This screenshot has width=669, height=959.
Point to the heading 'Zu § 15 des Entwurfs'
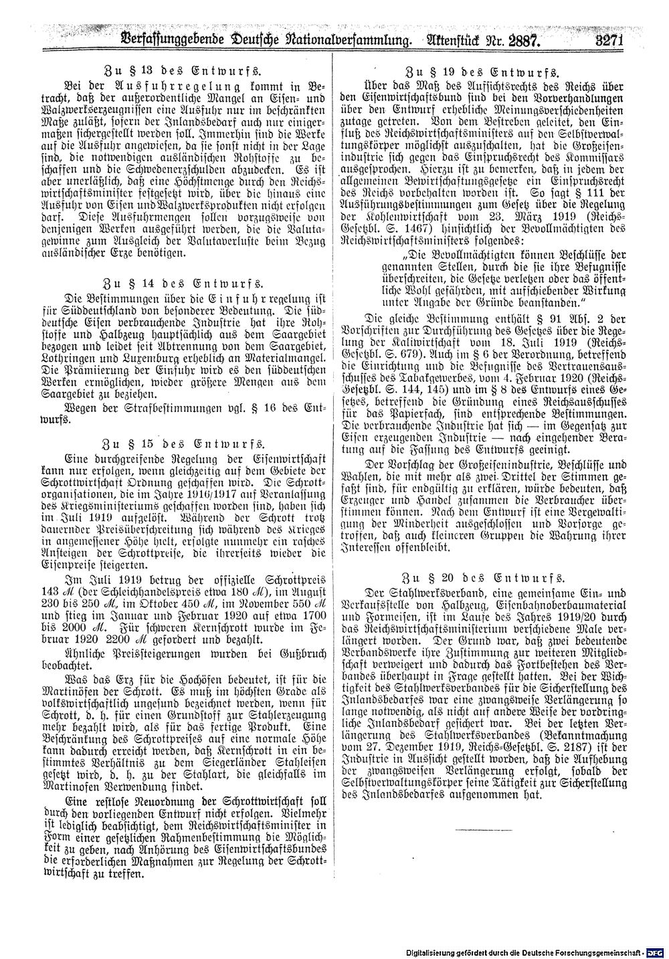click(x=181, y=443)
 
